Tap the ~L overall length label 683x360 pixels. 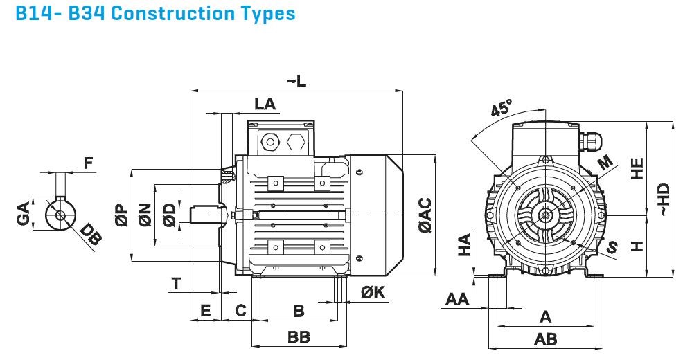click(296, 81)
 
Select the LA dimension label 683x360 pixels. click(265, 104)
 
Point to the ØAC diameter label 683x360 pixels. click(424, 215)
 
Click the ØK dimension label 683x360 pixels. click(373, 293)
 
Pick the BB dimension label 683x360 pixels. click(299, 337)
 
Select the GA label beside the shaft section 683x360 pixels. click(24, 214)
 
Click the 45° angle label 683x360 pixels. click(502, 108)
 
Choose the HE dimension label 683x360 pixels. click(637, 169)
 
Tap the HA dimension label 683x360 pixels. click(465, 244)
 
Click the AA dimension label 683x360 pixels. click(457, 298)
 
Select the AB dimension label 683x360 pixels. click(545, 339)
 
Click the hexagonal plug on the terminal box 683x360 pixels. click(294, 142)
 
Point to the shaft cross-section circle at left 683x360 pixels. click(60, 214)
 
